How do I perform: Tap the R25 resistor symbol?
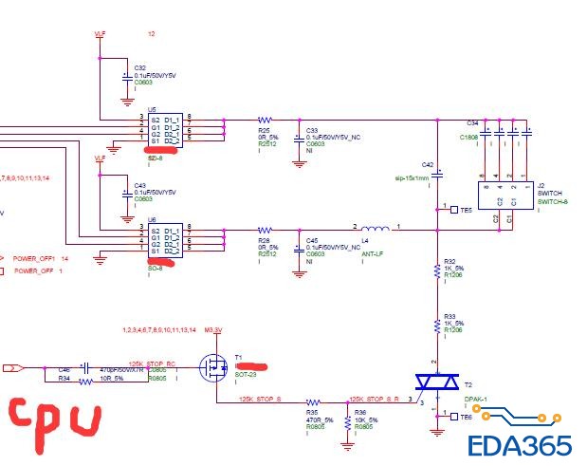(x=265, y=121)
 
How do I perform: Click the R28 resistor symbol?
(x=265, y=231)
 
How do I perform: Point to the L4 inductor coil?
(x=376, y=229)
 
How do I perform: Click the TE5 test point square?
(x=453, y=210)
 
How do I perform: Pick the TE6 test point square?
(x=453, y=418)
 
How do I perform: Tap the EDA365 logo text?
(x=519, y=445)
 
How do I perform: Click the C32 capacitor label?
(x=139, y=68)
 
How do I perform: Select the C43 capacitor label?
(x=139, y=185)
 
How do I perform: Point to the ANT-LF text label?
(x=373, y=254)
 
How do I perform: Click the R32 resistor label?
(x=449, y=261)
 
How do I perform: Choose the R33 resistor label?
(x=449, y=316)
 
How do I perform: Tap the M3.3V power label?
(x=212, y=329)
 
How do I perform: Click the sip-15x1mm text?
(x=412, y=177)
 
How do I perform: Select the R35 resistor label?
(x=311, y=411)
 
